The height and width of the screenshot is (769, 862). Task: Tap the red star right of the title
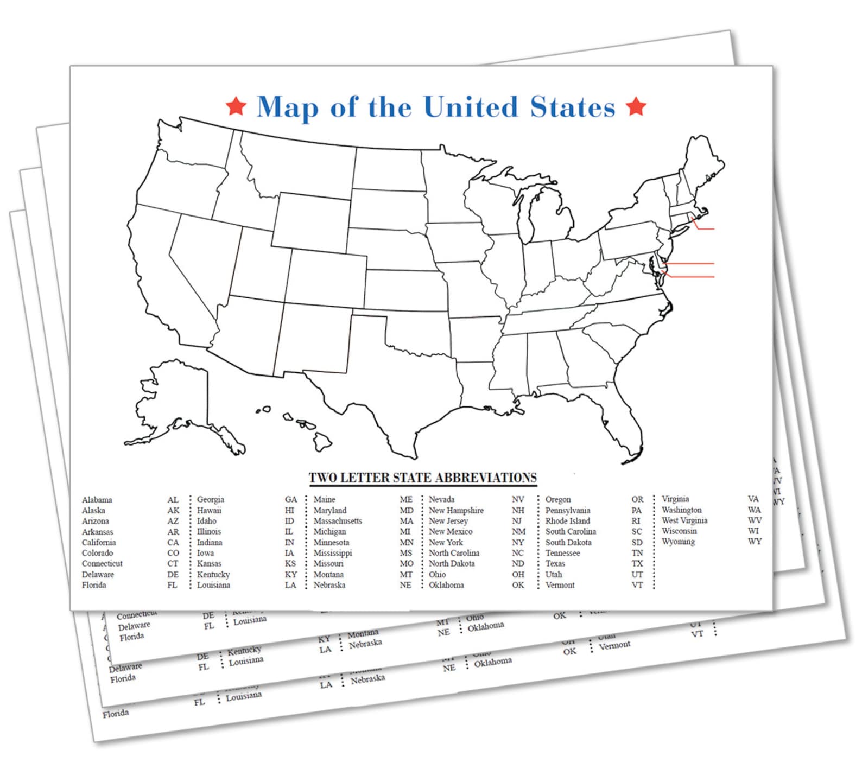pyautogui.click(x=636, y=106)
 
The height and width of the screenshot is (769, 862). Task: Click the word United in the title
pyautogui.click(x=471, y=106)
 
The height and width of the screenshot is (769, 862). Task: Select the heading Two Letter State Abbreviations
pyautogui.click(x=422, y=478)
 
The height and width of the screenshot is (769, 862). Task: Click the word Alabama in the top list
pyautogui.click(x=97, y=500)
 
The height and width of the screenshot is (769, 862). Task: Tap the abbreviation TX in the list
pyautogui.click(x=637, y=564)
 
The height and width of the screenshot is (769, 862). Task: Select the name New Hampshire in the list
pyautogui.click(x=456, y=510)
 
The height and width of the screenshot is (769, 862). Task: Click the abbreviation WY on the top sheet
pyautogui.click(x=755, y=542)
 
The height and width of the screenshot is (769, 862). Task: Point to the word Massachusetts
pyautogui.click(x=338, y=521)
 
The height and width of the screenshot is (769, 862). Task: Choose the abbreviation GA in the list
pyautogui.click(x=291, y=499)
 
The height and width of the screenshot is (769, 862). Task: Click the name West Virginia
pyautogui.click(x=684, y=520)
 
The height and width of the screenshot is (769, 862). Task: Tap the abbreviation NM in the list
pyautogui.click(x=518, y=531)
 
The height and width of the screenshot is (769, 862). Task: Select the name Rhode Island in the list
pyautogui.click(x=567, y=521)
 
